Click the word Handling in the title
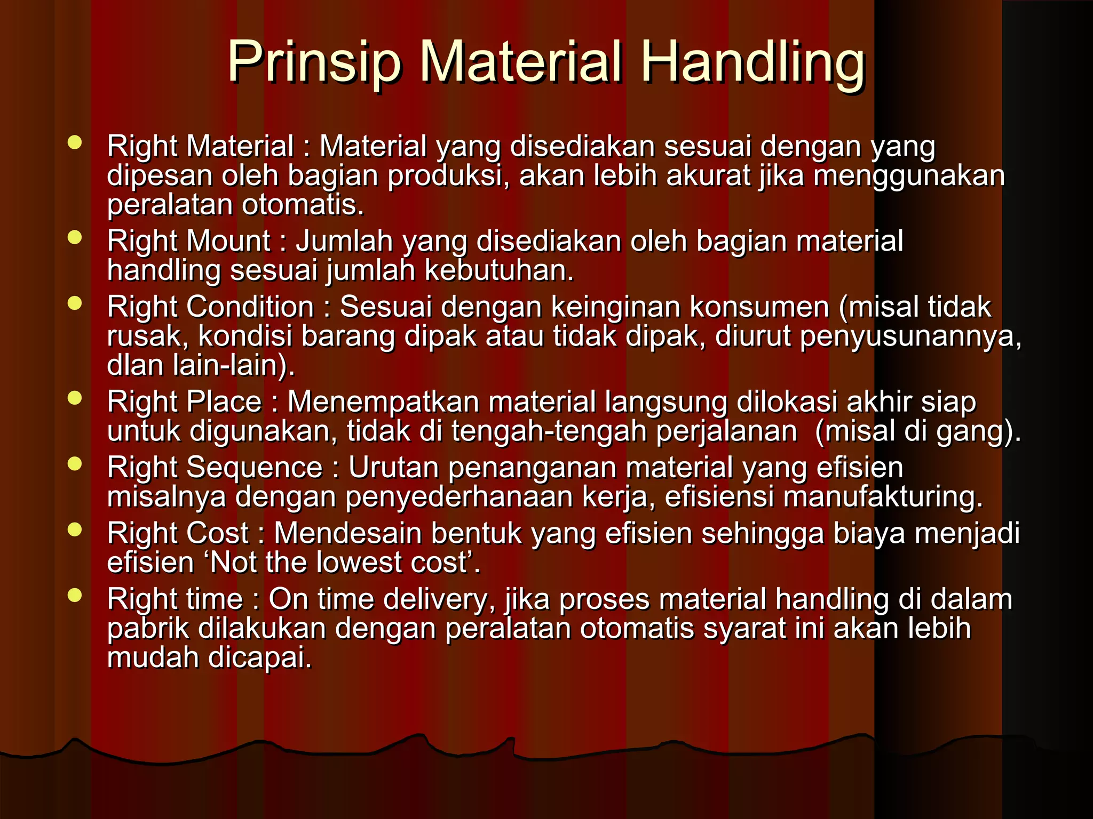click(x=753, y=63)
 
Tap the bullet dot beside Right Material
click(x=75, y=142)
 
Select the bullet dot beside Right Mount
click(x=75, y=237)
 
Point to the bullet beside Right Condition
click(x=75, y=303)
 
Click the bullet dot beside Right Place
click(x=75, y=398)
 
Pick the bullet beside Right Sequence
click(x=75, y=464)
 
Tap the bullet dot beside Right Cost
click(x=75, y=529)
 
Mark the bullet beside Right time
click(x=75, y=596)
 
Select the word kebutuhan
click(x=499, y=270)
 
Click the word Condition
click(x=250, y=307)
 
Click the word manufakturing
click(x=883, y=497)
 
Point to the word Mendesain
click(x=347, y=533)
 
